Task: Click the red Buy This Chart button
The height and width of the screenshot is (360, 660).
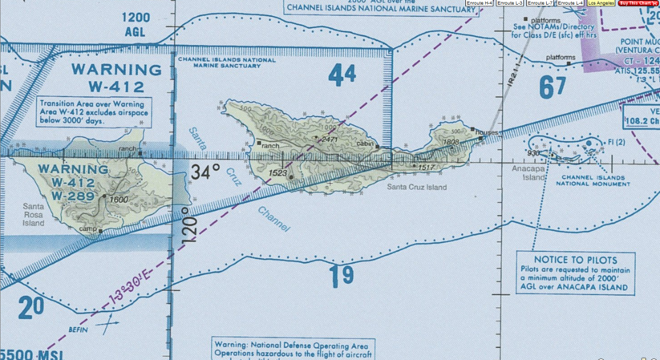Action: (x=638, y=3)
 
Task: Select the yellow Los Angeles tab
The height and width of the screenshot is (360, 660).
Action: (x=601, y=3)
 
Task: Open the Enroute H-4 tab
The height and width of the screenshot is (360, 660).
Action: (x=480, y=3)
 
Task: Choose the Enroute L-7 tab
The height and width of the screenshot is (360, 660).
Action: (x=539, y=3)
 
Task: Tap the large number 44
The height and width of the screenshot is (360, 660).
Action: (x=342, y=75)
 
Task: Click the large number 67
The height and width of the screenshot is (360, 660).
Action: (x=553, y=87)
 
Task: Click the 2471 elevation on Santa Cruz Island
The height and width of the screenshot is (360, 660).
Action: (x=329, y=140)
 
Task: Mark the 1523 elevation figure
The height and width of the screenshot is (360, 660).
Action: (x=277, y=173)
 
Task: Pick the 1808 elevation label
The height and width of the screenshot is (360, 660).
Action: (x=450, y=142)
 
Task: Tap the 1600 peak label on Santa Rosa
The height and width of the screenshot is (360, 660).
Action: (x=119, y=199)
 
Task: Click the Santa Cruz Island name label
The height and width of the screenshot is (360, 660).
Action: (x=416, y=188)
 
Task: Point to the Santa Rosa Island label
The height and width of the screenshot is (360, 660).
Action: (x=34, y=216)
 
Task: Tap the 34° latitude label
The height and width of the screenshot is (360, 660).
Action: (x=205, y=172)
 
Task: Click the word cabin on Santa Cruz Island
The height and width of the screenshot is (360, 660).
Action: (x=366, y=144)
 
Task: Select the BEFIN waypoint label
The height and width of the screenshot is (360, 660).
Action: (x=78, y=330)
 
